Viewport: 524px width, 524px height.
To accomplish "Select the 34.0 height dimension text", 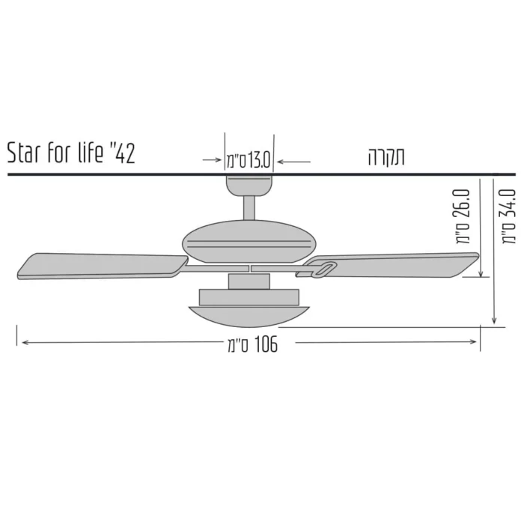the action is (508, 204).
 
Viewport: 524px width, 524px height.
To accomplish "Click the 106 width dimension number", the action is (266, 344).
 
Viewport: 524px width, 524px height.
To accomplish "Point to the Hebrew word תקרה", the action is (386, 156).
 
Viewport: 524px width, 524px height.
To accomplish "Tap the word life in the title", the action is (91, 153).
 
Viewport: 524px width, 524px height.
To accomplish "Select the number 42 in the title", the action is (125, 153).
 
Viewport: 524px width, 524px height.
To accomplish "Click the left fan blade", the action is (102, 266).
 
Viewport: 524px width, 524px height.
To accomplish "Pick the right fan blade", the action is (388, 266).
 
